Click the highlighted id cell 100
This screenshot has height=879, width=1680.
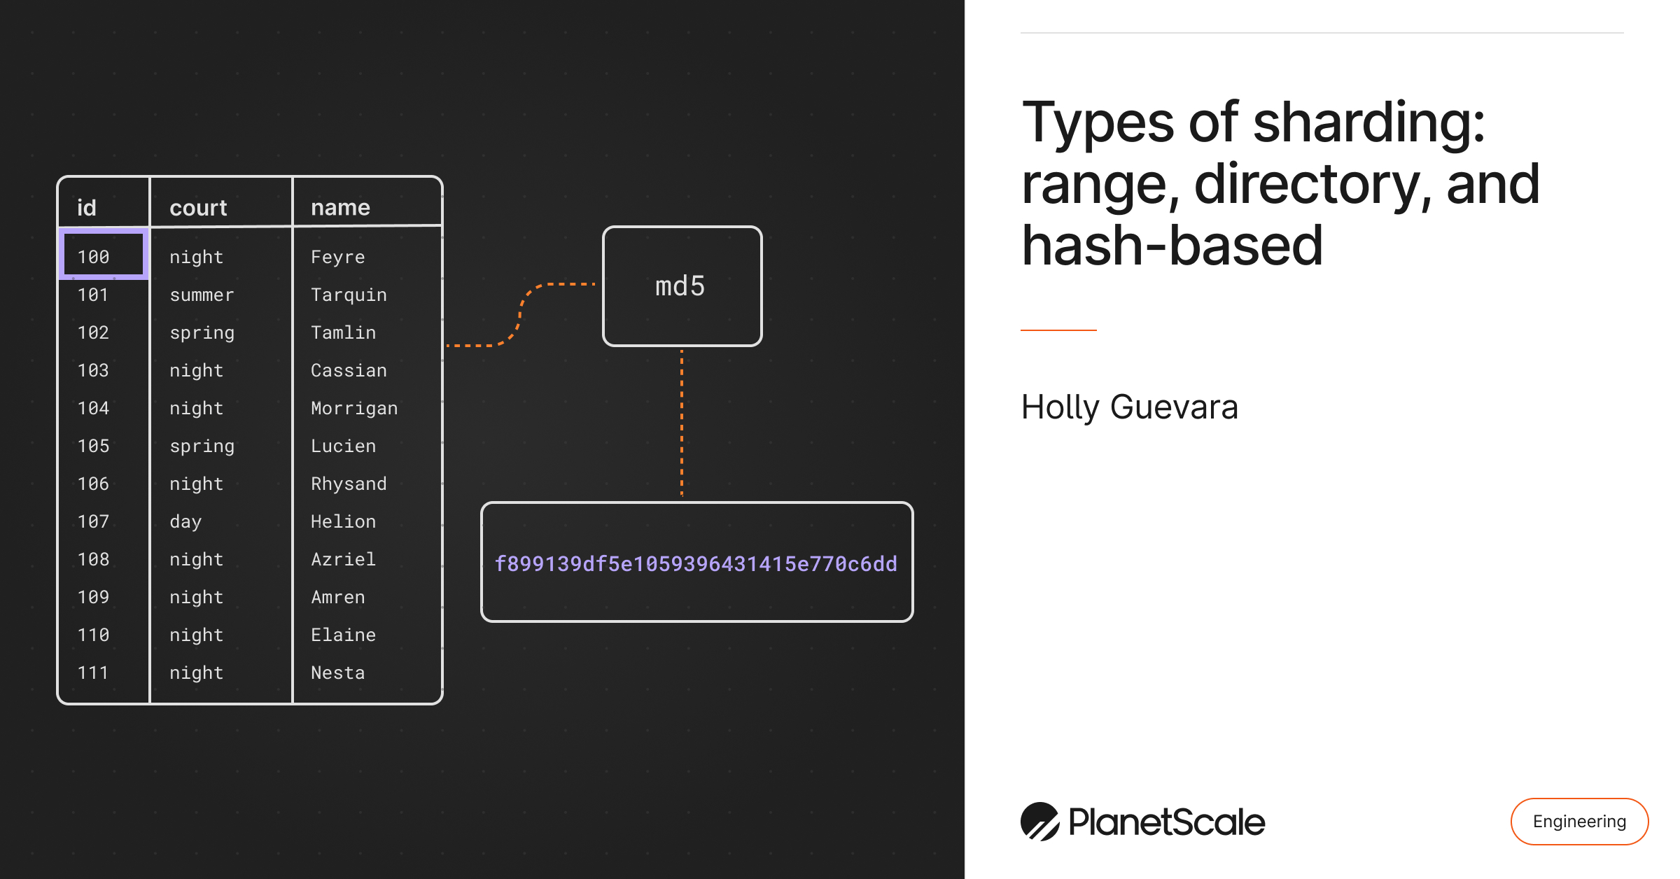click(x=104, y=256)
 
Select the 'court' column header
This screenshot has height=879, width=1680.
click(x=198, y=207)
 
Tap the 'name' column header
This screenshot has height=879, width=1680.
click(x=340, y=207)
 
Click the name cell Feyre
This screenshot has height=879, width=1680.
click(x=337, y=257)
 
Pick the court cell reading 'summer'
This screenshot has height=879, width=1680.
click(x=202, y=295)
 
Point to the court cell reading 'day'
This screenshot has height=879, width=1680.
click(x=185, y=521)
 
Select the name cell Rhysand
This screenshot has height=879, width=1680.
click(x=349, y=484)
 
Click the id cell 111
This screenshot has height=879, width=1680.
click(x=93, y=673)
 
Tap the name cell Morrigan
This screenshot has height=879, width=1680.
click(x=354, y=408)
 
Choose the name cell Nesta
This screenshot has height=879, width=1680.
click(x=337, y=673)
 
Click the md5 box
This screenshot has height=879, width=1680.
click(x=682, y=286)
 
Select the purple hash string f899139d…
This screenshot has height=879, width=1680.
click(x=696, y=563)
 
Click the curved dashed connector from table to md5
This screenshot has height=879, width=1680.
click(x=520, y=315)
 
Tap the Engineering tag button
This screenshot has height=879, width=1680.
click(x=1579, y=821)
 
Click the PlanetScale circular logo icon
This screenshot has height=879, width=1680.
click(x=1039, y=822)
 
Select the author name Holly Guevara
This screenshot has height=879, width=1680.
click(x=1129, y=407)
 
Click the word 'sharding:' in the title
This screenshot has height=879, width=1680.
click(x=1368, y=122)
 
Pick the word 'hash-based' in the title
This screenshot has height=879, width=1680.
click(x=1172, y=246)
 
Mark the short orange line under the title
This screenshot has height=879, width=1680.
click(x=1058, y=330)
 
